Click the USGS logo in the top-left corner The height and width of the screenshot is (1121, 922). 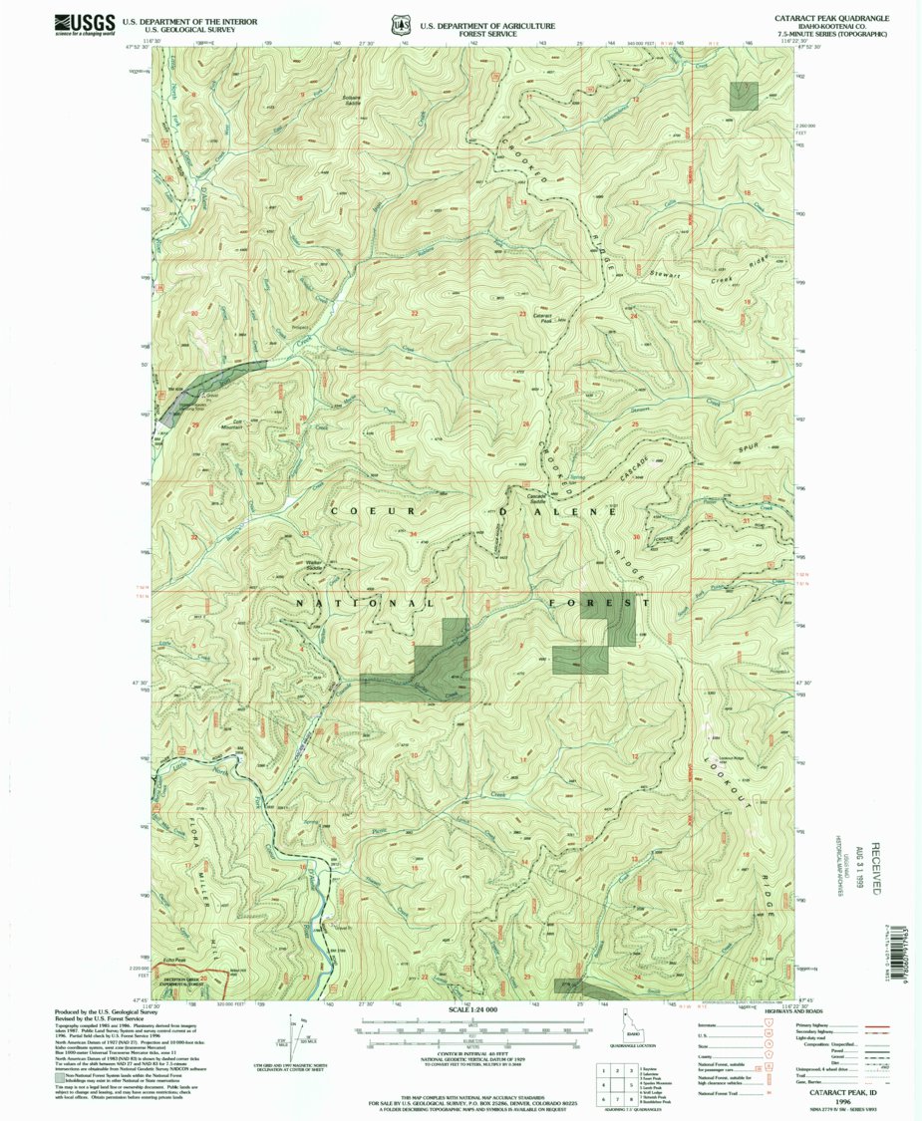click(x=79, y=23)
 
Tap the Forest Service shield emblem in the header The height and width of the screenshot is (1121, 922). click(x=401, y=22)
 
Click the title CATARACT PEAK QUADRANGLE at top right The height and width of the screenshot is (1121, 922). click(x=831, y=19)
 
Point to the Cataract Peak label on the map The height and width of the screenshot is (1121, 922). click(x=544, y=317)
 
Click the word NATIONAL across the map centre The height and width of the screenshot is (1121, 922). click(x=364, y=604)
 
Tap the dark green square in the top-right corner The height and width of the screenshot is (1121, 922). click(x=744, y=96)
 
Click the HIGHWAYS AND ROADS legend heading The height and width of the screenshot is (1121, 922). click(x=822, y=1009)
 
